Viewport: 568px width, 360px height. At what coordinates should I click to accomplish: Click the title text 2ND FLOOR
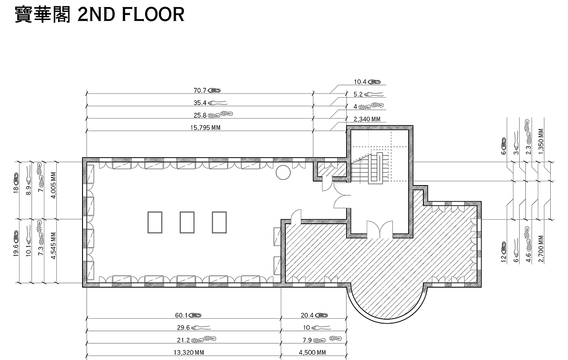click(x=131, y=15)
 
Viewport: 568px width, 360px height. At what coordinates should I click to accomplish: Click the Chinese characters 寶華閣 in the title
click(x=43, y=15)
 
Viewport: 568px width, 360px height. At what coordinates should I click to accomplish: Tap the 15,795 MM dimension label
click(x=205, y=127)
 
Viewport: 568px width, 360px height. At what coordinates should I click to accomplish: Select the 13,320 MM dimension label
click(x=189, y=352)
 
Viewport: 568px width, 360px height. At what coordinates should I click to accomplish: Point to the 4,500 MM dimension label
click(x=312, y=352)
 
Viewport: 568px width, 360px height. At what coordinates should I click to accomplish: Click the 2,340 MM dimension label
click(x=367, y=119)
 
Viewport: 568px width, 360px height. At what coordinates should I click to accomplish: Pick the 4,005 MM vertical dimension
click(x=54, y=185)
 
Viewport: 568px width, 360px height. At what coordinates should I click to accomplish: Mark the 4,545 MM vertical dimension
click(x=54, y=245)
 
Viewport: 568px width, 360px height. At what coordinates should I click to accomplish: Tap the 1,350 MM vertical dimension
click(x=541, y=141)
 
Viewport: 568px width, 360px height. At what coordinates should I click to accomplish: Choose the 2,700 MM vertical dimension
click(x=541, y=249)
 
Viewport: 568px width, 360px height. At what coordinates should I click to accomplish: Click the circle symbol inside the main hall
click(x=283, y=173)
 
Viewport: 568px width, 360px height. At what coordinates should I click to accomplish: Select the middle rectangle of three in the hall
click(x=187, y=222)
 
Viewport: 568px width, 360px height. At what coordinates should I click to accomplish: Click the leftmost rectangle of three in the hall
click(x=155, y=222)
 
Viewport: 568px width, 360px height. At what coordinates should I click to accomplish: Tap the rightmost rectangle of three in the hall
click(x=219, y=222)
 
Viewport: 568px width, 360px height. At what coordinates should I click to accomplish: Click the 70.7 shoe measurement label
click(x=207, y=91)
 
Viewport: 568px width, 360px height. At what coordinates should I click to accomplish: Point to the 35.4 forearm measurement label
click(x=210, y=103)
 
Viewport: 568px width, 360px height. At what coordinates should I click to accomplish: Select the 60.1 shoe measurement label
click(x=188, y=315)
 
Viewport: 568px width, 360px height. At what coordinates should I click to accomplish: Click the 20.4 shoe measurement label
click(x=315, y=315)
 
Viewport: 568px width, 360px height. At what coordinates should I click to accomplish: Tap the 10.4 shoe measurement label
click(x=367, y=82)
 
